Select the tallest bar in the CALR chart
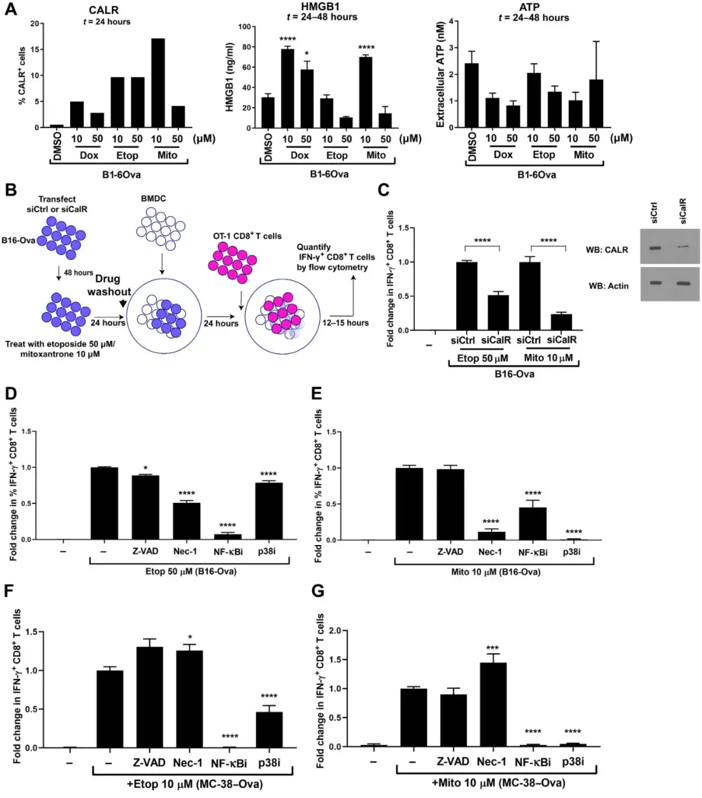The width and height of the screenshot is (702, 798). tap(157, 83)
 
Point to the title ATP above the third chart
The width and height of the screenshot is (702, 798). tap(529, 7)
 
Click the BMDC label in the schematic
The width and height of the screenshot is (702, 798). tap(153, 198)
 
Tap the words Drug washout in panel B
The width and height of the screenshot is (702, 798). tap(109, 285)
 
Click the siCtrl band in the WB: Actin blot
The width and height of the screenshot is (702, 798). tap(655, 283)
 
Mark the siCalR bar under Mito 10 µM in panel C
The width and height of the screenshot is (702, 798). tap(561, 322)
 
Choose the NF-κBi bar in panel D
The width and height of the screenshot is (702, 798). tap(229, 537)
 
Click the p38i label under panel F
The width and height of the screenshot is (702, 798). tap(268, 763)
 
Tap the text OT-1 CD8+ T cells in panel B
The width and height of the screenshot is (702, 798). tap(247, 236)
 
